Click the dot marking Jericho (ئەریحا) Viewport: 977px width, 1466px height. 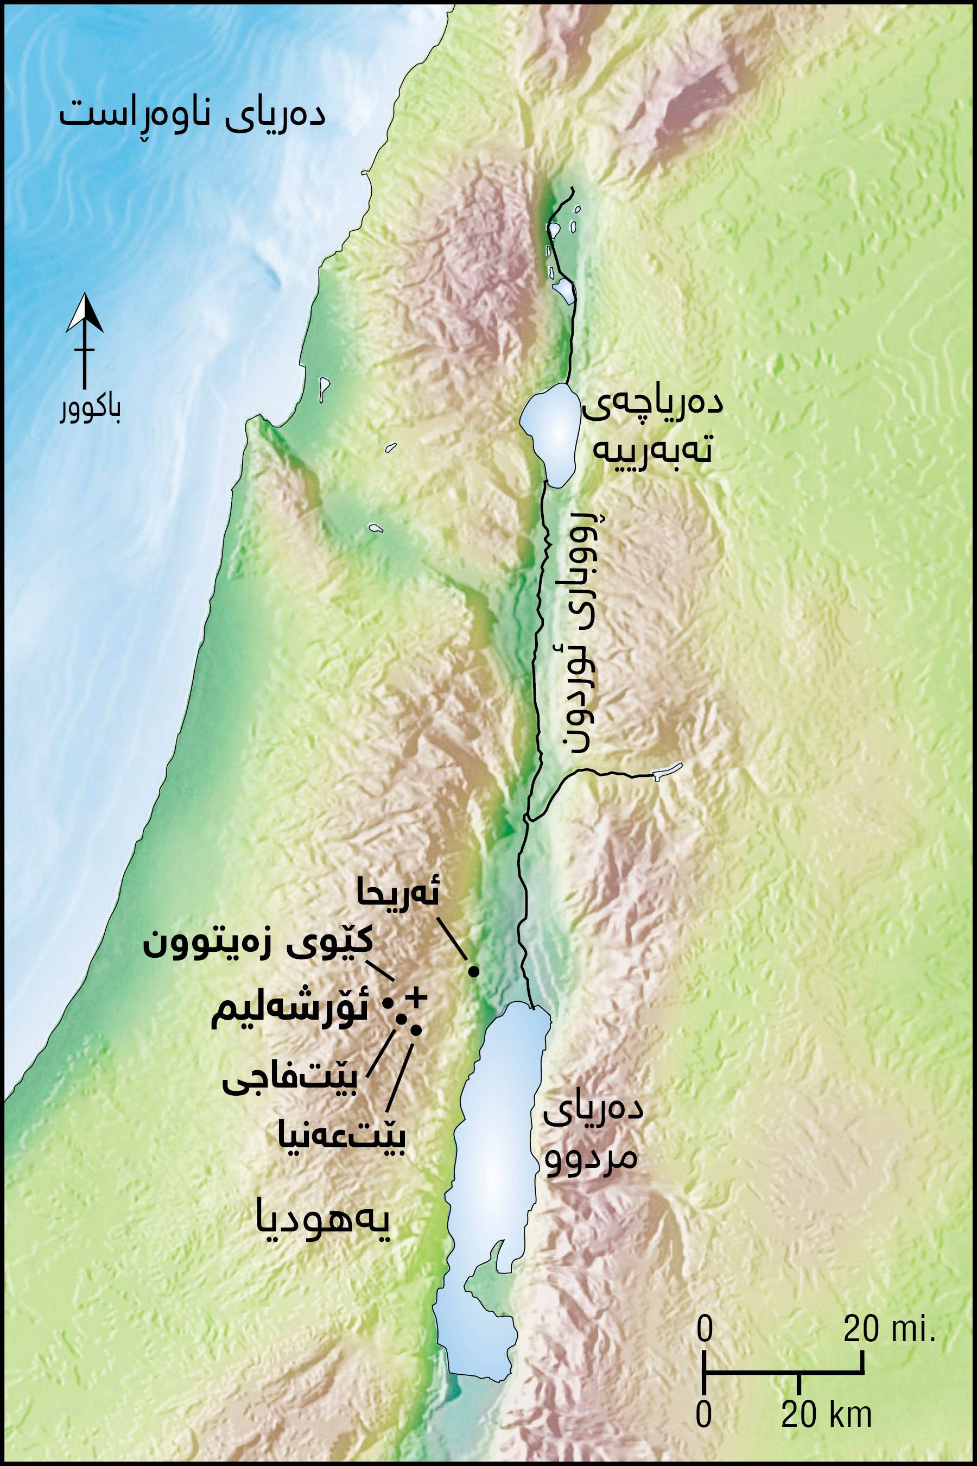coord(473,971)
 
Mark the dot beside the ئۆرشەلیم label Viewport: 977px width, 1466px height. coord(387,1003)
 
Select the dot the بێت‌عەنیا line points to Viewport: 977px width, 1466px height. coord(416,1029)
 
